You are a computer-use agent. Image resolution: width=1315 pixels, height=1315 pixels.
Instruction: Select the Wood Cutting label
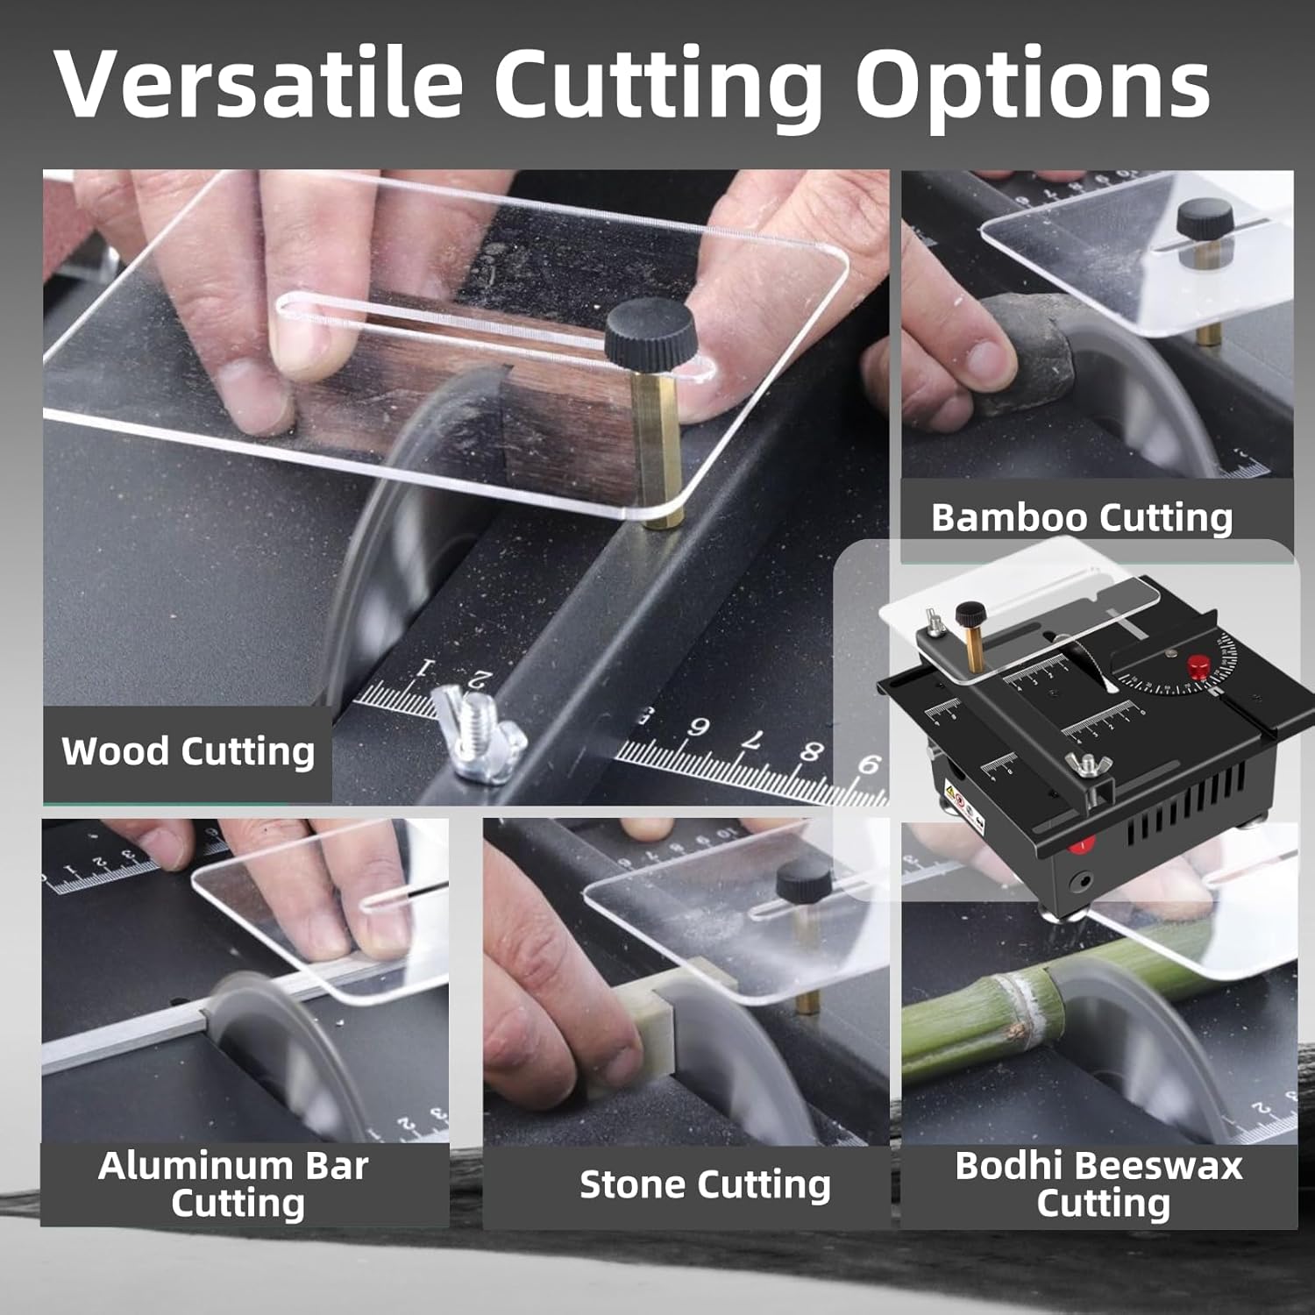point(188,752)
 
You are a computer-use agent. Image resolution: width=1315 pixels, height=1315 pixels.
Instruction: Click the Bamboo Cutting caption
point(1082,517)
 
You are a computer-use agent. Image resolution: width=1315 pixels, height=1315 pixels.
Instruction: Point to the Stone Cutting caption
point(705,1184)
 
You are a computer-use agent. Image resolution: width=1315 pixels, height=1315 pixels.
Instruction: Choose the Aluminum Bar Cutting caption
point(235,1183)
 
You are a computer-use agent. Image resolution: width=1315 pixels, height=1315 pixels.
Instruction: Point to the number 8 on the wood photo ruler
point(810,750)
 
